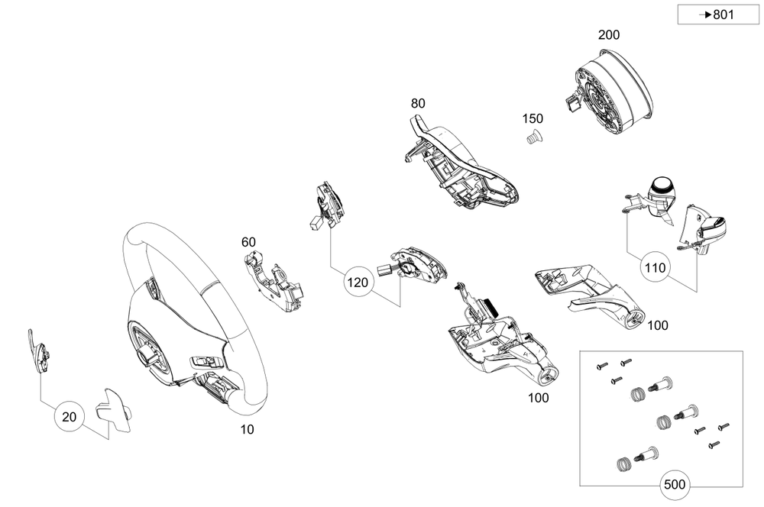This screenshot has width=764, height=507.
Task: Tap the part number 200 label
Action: click(x=609, y=35)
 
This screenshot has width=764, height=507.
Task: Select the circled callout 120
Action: click(x=359, y=283)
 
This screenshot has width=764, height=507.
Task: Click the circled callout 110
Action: click(x=656, y=269)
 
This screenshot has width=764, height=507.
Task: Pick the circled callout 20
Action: click(x=69, y=417)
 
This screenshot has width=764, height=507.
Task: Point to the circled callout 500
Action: click(x=675, y=484)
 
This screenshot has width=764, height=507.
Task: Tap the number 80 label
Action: click(x=418, y=103)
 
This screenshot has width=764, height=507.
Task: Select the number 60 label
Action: click(x=248, y=243)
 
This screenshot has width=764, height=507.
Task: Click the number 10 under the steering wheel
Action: click(x=247, y=430)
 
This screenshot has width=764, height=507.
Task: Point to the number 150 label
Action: click(x=533, y=119)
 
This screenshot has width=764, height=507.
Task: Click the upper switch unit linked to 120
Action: click(x=328, y=204)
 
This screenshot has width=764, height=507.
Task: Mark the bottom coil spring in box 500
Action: click(x=623, y=461)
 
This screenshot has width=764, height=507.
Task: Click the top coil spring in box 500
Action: click(x=636, y=393)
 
